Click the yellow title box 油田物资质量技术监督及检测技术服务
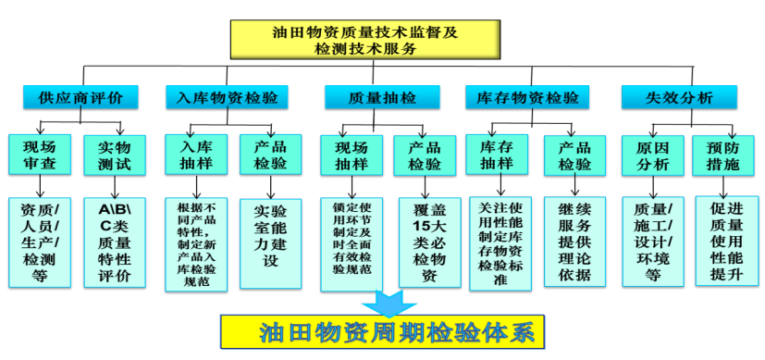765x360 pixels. [x=364, y=40]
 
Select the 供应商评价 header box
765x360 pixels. [x=80, y=96]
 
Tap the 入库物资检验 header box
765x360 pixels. [x=227, y=96]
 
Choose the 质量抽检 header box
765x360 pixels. [x=382, y=96]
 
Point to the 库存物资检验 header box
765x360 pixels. [x=527, y=96]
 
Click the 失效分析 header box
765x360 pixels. [x=679, y=96]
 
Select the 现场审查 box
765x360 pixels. [x=39, y=155]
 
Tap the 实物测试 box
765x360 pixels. [x=115, y=155]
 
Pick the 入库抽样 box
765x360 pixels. [x=195, y=154]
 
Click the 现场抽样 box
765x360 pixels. [x=351, y=155]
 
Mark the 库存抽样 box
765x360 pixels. [x=497, y=154]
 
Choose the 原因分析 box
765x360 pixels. [x=652, y=155]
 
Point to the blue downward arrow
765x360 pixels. [x=382, y=303]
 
